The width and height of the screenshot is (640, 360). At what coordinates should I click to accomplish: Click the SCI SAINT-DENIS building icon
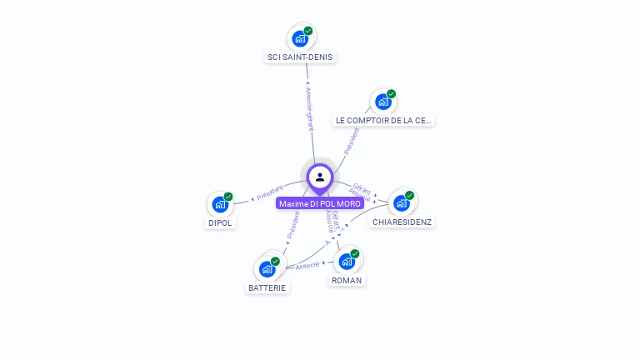[300, 38]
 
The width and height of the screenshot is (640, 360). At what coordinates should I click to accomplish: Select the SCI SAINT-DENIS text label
[300, 57]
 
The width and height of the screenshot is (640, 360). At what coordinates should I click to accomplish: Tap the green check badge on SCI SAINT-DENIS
[308, 31]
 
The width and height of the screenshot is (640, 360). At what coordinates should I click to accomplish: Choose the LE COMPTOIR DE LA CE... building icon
[382, 102]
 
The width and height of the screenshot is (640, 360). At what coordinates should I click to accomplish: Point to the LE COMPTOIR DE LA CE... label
[383, 120]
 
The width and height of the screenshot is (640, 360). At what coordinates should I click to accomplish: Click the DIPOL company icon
[220, 204]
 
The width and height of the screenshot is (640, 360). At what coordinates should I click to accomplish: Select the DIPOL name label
[221, 222]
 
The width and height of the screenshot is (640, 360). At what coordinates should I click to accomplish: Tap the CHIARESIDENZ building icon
[402, 202]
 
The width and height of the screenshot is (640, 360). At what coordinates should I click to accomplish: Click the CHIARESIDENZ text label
[402, 222]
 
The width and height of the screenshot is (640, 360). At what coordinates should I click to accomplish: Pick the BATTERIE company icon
[267, 268]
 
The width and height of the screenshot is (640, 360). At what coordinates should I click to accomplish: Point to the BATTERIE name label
[267, 287]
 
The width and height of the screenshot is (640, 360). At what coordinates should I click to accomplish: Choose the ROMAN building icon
[347, 261]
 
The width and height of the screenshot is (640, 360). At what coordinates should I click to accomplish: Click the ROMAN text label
[347, 280]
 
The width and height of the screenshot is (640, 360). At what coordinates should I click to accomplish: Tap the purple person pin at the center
[320, 177]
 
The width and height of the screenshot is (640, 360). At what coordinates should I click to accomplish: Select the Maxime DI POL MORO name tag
[320, 203]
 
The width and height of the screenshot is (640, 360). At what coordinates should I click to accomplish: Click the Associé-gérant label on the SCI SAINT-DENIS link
[309, 109]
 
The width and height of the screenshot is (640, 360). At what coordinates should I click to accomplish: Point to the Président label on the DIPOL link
[271, 193]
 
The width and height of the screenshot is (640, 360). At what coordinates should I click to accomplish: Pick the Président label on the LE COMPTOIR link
[352, 140]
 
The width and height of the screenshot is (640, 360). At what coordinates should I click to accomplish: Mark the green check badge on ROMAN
[355, 253]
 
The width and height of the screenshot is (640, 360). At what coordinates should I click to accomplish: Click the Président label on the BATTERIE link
[292, 226]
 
